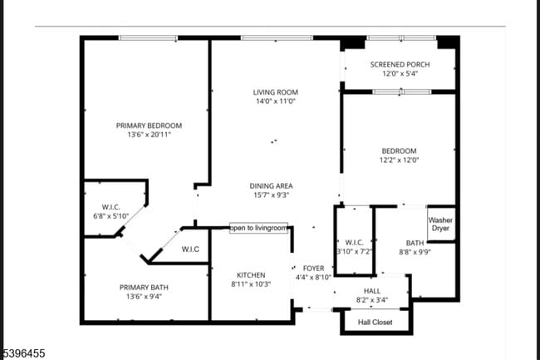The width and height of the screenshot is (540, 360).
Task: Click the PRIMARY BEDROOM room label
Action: (x=149, y=126)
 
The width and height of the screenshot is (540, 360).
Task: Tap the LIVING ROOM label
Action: (x=275, y=92)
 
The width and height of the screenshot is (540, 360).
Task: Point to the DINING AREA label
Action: (x=272, y=185)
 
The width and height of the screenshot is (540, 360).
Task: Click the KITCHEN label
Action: (x=250, y=275)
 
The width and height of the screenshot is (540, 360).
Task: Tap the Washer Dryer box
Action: (x=440, y=224)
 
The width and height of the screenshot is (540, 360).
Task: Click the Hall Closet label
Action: (x=375, y=322)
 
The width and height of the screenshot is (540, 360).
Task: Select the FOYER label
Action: (x=313, y=268)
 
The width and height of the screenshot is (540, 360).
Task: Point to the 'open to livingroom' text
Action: (x=258, y=228)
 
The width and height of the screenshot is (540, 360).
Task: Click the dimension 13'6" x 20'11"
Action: (x=149, y=135)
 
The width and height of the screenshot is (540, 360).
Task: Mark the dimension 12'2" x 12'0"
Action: (x=399, y=160)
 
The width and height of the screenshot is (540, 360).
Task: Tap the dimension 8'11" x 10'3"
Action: (x=250, y=284)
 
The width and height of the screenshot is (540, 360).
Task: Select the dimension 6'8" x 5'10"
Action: (x=112, y=216)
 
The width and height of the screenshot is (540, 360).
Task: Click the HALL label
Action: (x=371, y=280)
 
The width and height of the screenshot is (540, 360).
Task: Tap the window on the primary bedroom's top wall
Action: (x=148, y=37)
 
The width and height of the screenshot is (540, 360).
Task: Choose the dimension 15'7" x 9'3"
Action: (x=272, y=195)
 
